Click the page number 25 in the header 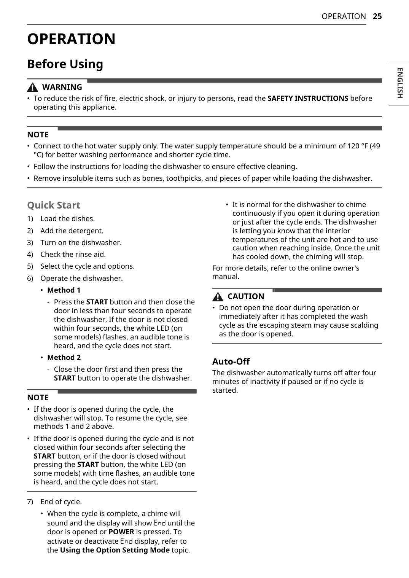(377, 16)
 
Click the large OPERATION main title (71, 39)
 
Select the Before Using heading (65, 64)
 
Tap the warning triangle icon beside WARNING (33, 88)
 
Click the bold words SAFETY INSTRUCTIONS (307, 99)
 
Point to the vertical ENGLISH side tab (399, 83)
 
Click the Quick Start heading (54, 205)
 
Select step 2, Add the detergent (72, 231)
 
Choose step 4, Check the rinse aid (73, 254)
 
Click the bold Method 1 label (64, 290)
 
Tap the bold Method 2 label (64, 358)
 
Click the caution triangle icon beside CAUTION (218, 297)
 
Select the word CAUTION (246, 296)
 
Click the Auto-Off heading (231, 361)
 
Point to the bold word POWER (121, 532)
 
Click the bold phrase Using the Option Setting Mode (115, 550)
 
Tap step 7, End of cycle (61, 502)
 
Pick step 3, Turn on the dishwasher (81, 243)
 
